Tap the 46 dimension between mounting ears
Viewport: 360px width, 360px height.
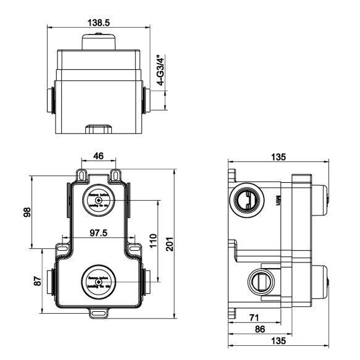[x=98, y=156]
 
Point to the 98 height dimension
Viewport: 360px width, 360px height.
[x=24, y=212]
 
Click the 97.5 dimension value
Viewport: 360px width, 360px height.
[x=97, y=233]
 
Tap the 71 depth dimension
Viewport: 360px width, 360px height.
[x=253, y=317]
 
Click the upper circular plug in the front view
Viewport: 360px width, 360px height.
[x=98, y=201]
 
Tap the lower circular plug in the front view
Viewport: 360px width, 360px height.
[x=98, y=282]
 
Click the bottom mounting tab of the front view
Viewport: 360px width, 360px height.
[x=98, y=313]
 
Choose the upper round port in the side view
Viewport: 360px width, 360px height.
[x=245, y=198]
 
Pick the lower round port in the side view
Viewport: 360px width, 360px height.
[x=261, y=282]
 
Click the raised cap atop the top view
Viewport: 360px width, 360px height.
[x=99, y=41]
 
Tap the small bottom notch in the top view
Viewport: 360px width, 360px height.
[x=99, y=129]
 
